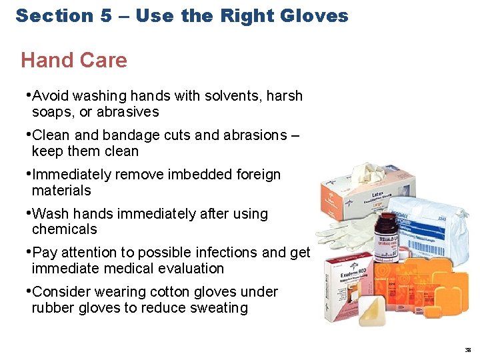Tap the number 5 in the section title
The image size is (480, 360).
click(x=107, y=15)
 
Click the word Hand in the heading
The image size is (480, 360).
click(x=43, y=60)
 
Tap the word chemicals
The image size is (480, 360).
click(x=65, y=229)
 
